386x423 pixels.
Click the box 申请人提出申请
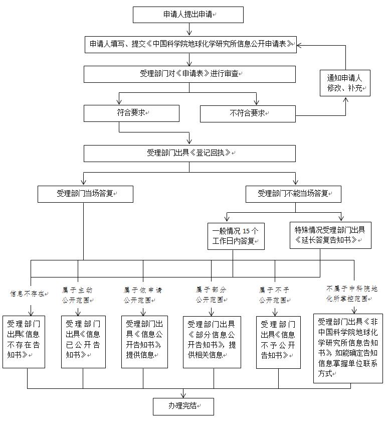(x=188, y=15)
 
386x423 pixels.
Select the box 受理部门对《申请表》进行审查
(x=189, y=74)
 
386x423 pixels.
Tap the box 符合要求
(x=131, y=113)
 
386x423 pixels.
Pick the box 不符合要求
(x=248, y=113)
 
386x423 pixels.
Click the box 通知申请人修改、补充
(x=345, y=83)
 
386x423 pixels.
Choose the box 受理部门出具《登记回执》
(x=189, y=153)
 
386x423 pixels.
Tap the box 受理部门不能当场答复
(x=293, y=194)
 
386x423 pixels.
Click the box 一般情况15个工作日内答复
(x=236, y=236)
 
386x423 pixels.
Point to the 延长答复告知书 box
(x=330, y=235)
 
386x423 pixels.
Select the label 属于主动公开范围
(x=78, y=295)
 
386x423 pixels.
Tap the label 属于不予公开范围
(x=274, y=295)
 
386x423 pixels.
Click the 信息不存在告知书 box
(x=24, y=341)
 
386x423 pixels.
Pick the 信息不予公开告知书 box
(x=278, y=341)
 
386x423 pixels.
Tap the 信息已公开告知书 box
(x=83, y=341)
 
